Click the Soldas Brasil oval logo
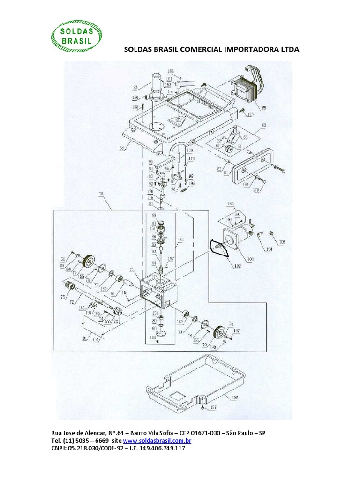(x=76, y=37)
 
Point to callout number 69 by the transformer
(x=264, y=108)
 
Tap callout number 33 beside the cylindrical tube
(x=135, y=87)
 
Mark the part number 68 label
(x=122, y=148)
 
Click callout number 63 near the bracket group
(x=264, y=125)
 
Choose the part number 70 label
(x=101, y=193)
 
